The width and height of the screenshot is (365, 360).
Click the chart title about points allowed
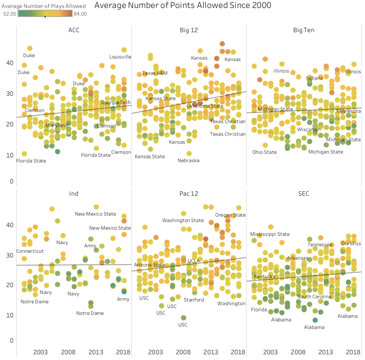point(182,5)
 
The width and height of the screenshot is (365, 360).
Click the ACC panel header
point(74,30)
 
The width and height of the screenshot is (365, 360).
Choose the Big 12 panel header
point(189,30)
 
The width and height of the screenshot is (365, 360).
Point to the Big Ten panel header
point(304,30)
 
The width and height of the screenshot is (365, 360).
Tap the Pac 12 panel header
point(189,194)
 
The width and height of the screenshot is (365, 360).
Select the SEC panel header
point(304,194)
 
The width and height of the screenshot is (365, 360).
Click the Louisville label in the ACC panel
point(120,57)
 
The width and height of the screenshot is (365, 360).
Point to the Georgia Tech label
point(116,103)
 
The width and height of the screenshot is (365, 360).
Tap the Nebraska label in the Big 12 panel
point(188,160)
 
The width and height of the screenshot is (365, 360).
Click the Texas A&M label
point(155,73)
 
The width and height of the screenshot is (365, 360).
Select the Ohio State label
point(265,152)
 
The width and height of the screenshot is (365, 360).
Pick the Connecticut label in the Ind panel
point(30,251)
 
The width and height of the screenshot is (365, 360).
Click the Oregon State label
point(230,215)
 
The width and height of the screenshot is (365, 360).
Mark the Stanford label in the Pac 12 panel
point(194,300)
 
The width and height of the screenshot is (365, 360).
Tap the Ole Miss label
point(351,243)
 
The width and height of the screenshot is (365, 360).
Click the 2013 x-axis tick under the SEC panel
point(326,352)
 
